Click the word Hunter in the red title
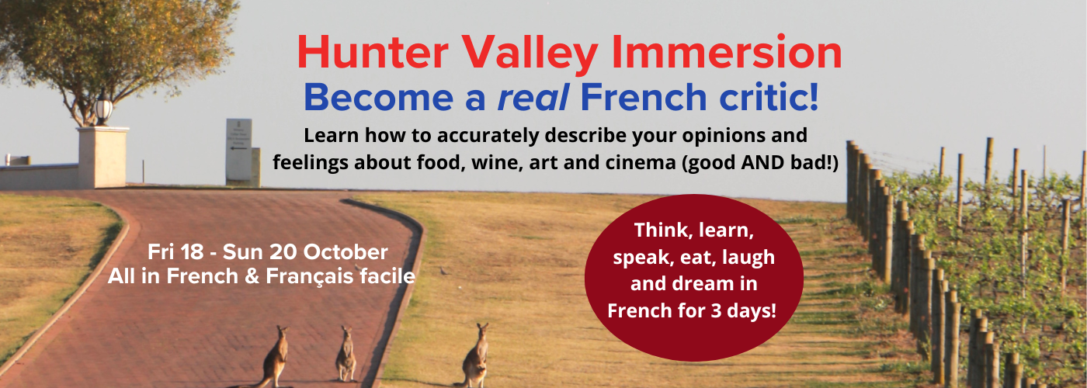(x=373, y=53)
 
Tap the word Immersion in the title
(x=727, y=53)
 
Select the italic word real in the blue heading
(x=533, y=96)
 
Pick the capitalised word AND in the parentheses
(x=762, y=162)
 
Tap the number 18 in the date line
(x=192, y=252)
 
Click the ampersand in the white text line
(x=252, y=276)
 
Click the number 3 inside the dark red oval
(x=716, y=310)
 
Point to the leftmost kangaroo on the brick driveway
(x=275, y=357)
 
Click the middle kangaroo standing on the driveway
(x=346, y=354)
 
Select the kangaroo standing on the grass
(x=475, y=356)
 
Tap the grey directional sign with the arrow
(x=239, y=151)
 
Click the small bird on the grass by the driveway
(x=442, y=270)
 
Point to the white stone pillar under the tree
(x=102, y=157)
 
